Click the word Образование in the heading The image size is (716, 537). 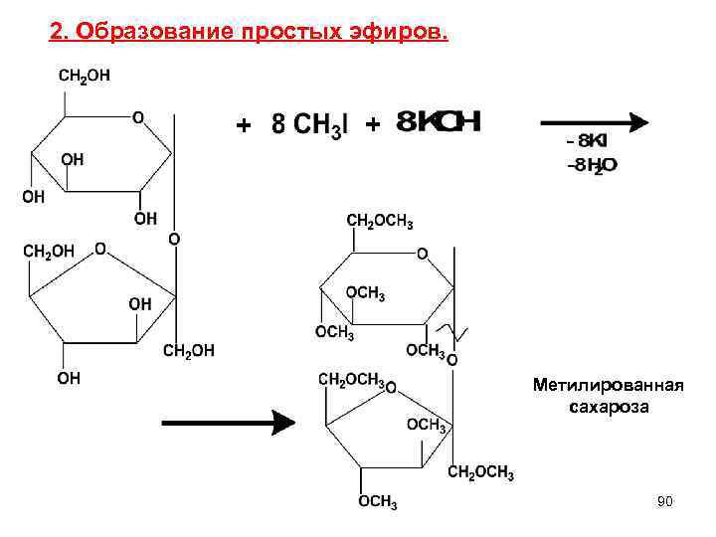pos(147,35)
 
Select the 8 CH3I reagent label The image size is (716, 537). pos(309,125)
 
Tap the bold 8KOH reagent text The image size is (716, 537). pos(439,122)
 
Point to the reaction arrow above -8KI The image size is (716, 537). pos(594,123)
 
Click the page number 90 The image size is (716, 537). pos(664,502)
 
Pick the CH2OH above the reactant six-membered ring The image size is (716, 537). pos(85,75)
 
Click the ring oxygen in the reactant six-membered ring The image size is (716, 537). pos(137,117)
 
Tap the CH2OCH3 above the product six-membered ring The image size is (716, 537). pos(379,220)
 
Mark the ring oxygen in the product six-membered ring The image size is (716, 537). pos(422,255)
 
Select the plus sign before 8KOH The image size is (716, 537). pos(372,125)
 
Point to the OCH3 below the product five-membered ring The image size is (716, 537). pos(378,502)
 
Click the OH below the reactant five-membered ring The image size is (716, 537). pos(68,378)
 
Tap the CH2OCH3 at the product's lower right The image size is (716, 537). pos(480,474)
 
